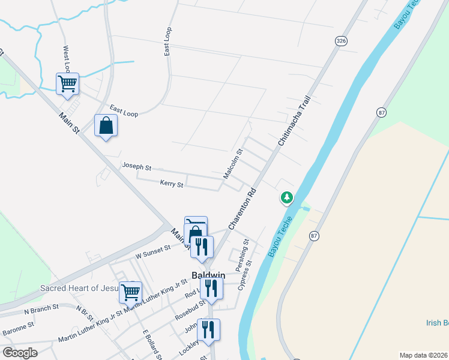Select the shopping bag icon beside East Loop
pos(106,125)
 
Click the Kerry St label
pos(171,184)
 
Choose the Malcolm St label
pos(232,164)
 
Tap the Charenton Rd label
pos(243,209)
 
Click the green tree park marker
pos(287,197)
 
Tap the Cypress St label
pos(246,275)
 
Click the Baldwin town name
pos(208,275)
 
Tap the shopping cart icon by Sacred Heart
pos(130,292)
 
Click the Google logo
pos(20,353)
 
